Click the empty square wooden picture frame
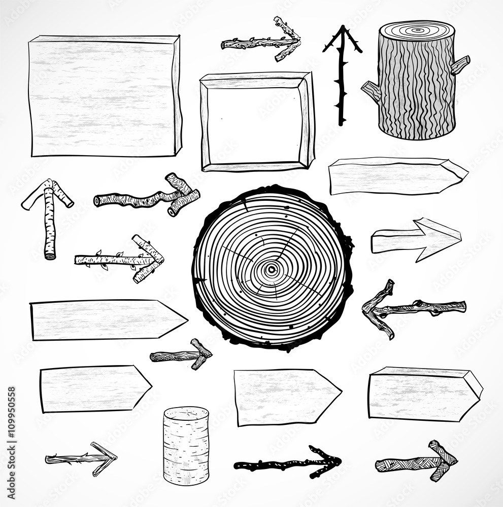(257, 122)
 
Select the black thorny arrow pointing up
(342, 76)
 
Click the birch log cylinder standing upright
(186, 445)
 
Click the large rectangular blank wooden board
(104, 96)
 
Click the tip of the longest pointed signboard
(186, 319)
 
